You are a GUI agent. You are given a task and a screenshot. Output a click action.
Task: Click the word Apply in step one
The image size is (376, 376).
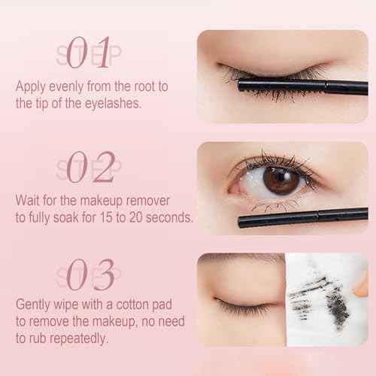pos(31,86)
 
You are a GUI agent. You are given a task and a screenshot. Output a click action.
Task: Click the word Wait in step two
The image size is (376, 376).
pos(29,201)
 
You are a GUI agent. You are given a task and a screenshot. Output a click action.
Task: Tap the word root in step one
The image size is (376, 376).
pos(123,86)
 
